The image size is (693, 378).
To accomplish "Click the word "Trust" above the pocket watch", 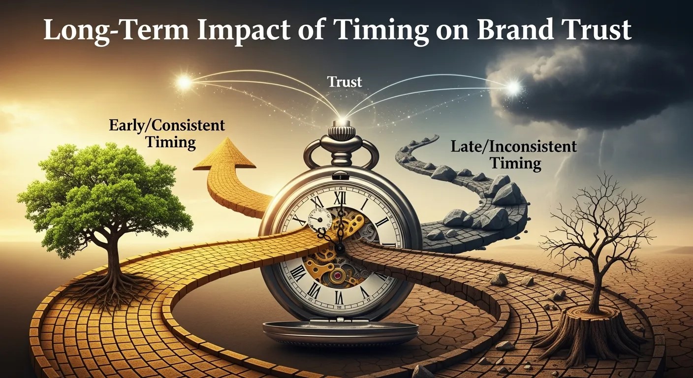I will tap(345, 82).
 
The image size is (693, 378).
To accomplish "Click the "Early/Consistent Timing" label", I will tap(166, 133).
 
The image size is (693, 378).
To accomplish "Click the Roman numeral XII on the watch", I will tap(339, 198).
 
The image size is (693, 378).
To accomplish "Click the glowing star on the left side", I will tap(184, 83).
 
